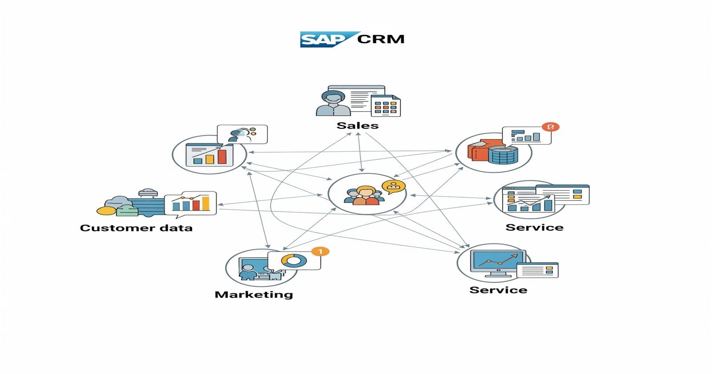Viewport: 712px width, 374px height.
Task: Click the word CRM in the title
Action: point(381,39)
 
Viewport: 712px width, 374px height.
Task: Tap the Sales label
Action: point(357,126)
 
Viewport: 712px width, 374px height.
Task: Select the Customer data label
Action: point(136,228)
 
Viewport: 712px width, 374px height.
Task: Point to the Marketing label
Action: point(254,294)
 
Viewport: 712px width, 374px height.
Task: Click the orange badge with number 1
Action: point(320,252)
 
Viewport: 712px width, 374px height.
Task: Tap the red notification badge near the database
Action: point(550,127)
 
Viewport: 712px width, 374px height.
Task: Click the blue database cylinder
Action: point(503,154)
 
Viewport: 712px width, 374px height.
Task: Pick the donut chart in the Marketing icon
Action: point(294,260)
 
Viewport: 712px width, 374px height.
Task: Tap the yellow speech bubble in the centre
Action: point(393,187)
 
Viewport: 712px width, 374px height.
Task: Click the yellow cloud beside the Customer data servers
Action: point(107,211)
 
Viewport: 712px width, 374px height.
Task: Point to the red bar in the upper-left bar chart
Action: point(222,156)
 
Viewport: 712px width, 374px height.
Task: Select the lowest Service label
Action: point(498,290)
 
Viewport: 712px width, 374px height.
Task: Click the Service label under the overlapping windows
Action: point(534,228)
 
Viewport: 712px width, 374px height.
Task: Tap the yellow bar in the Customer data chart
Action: point(206,203)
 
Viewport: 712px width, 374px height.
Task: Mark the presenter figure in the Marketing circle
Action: point(247,272)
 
